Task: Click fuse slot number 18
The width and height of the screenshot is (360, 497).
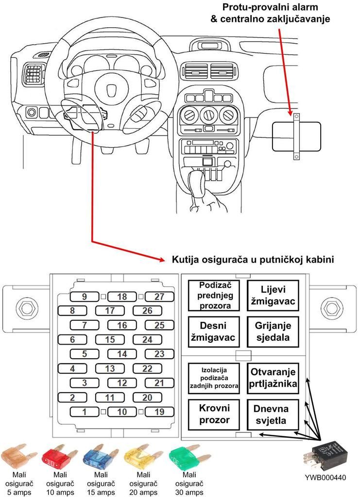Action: pyautogui.click(x=122, y=297)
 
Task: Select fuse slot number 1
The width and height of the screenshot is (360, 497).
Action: pyautogui.click(x=85, y=412)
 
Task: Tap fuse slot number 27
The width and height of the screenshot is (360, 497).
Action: pyautogui.click(x=159, y=297)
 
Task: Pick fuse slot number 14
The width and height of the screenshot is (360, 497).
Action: pyautogui.click(x=122, y=354)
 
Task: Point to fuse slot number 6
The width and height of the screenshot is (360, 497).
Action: pyautogui.click(x=72, y=340)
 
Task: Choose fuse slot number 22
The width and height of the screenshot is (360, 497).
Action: pyautogui.click(x=147, y=369)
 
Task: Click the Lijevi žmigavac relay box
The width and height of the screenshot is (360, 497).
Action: pyautogui.click(x=272, y=295)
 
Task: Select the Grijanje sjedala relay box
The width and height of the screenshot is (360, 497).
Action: pyautogui.click(x=272, y=331)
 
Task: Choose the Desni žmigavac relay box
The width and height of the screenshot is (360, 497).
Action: pyautogui.click(x=214, y=331)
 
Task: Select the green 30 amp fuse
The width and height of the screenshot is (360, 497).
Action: pyautogui.click(x=185, y=457)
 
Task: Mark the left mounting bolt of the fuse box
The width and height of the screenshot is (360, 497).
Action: pyautogui.click(x=24, y=307)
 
